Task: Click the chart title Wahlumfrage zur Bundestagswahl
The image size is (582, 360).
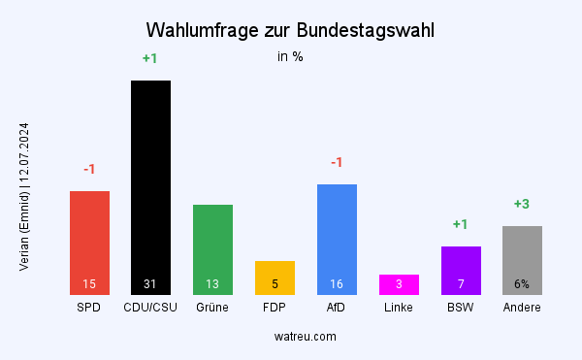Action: coord(290,30)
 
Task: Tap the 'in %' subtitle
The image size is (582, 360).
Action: coord(290,56)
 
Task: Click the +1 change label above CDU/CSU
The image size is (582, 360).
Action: coord(150,58)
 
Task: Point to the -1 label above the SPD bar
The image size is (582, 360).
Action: coord(89,169)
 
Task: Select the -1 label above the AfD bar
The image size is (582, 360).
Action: coord(337,162)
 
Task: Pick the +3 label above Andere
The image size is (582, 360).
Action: coord(522,204)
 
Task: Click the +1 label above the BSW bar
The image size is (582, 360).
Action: coord(461,224)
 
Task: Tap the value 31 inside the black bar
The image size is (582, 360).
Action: coord(150,284)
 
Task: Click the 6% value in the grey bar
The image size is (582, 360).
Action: coord(522,284)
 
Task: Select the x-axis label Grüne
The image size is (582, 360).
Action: coord(212,308)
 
